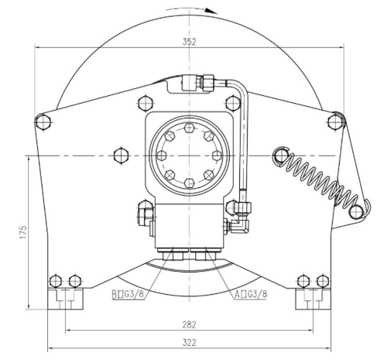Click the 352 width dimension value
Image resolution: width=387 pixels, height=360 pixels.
tap(189, 42)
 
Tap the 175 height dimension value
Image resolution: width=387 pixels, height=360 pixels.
tap(23, 232)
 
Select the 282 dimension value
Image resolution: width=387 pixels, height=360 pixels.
tap(189, 324)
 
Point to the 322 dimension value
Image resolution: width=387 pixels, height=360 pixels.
tap(189, 343)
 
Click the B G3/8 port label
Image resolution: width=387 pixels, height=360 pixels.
tap(128, 294)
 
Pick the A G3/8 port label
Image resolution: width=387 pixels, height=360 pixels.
tap(251, 294)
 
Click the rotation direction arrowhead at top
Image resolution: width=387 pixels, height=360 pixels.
tap(212, 11)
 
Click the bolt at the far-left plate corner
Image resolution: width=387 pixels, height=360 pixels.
tap(43, 122)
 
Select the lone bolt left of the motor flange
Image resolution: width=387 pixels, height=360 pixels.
tap(121, 156)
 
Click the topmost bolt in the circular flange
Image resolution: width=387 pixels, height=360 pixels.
tap(190, 128)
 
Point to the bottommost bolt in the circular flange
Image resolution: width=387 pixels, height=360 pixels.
tap(190, 183)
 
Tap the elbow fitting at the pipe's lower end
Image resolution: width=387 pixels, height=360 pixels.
tap(242, 224)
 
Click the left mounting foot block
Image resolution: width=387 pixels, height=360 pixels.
tap(65, 299)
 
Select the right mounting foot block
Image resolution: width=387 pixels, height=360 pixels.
tap(313, 299)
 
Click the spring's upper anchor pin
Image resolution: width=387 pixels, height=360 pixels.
tap(281, 156)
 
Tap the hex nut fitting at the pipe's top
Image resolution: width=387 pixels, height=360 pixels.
tap(208, 83)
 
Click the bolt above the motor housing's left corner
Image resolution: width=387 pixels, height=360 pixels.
tap(146, 103)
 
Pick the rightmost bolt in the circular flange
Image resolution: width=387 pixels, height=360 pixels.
tap(217, 156)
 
